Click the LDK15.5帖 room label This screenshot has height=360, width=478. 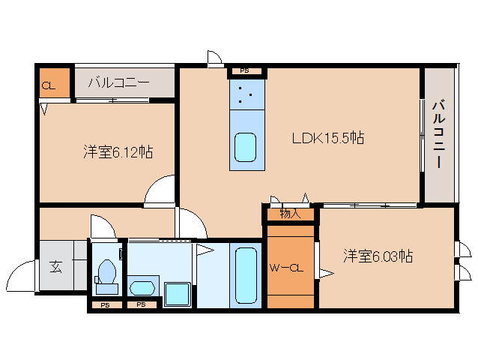(328, 138)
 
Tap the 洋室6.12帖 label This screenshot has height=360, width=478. (118, 152)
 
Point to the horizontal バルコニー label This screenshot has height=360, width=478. (119, 82)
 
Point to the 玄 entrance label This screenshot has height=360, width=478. (56, 265)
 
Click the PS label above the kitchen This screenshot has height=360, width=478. (246, 71)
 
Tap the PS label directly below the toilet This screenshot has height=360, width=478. (106, 305)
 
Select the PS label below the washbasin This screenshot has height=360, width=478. (141, 305)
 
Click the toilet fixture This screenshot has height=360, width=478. (106, 274)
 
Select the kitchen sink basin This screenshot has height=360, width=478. (246, 147)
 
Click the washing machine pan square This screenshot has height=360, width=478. (178, 294)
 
